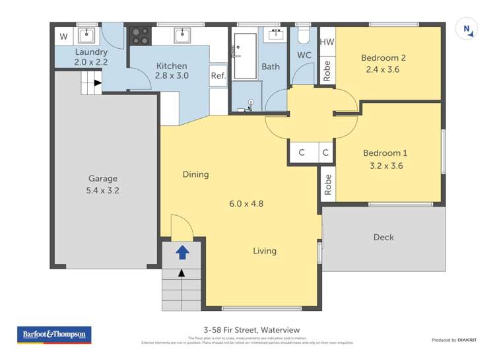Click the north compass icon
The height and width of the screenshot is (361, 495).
click(x=467, y=30)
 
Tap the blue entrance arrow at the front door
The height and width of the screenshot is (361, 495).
click(x=182, y=252)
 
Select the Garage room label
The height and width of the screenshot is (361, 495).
click(x=104, y=178)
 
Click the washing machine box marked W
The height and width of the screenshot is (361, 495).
click(x=63, y=36)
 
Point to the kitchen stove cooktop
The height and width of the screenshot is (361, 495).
click(x=141, y=35)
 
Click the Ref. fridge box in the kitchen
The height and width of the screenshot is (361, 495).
click(x=218, y=76)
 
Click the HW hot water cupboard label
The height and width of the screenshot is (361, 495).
click(x=327, y=42)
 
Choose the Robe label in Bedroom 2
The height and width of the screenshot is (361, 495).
click(x=327, y=71)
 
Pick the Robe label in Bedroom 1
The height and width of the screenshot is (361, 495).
click(x=327, y=185)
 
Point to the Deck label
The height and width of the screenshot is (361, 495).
click(x=383, y=237)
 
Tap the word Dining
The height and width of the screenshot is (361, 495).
click(x=195, y=174)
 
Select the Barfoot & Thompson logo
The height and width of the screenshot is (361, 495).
click(x=54, y=335)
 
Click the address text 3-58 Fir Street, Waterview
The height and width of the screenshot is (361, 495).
click(x=247, y=330)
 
